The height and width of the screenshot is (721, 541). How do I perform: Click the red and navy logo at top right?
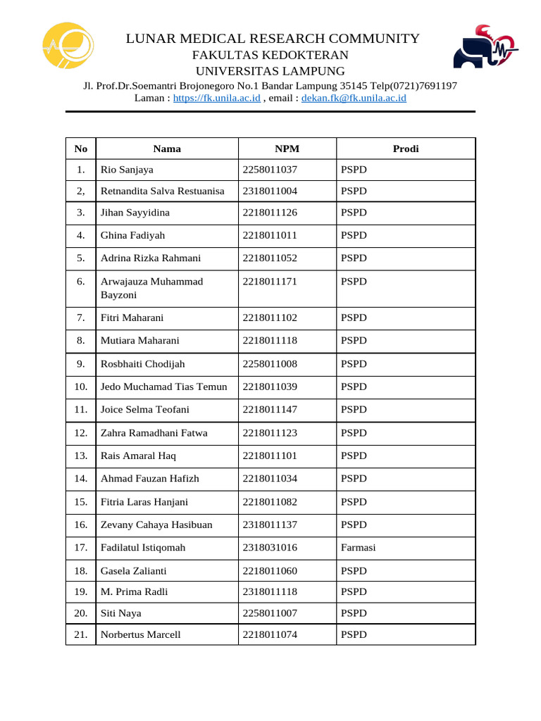(484, 48)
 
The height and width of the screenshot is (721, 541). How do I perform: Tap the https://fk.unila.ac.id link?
(217, 99)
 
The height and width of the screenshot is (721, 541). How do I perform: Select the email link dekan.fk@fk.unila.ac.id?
(354, 99)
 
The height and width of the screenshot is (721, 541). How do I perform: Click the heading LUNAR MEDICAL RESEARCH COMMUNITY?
(273, 39)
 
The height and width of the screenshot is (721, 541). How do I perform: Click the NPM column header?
(287, 149)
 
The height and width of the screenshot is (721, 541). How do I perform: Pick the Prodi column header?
(406, 149)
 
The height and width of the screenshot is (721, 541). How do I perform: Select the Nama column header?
(167, 149)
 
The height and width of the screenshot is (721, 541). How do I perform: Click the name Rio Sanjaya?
(127, 170)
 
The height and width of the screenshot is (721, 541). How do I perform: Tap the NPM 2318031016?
(270, 548)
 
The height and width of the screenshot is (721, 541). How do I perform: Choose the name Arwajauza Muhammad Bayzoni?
(151, 288)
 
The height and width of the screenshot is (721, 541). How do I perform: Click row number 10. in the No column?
(80, 387)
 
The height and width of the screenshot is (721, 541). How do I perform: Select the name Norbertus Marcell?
(140, 634)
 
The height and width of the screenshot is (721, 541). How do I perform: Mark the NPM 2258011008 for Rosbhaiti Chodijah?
(270, 364)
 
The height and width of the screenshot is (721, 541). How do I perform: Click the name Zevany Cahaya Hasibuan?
(156, 525)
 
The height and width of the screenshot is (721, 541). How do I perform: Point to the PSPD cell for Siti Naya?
(354, 613)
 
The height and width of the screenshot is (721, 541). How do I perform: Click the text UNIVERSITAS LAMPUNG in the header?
(270, 71)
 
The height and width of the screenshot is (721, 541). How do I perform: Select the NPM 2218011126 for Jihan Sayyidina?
(270, 213)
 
